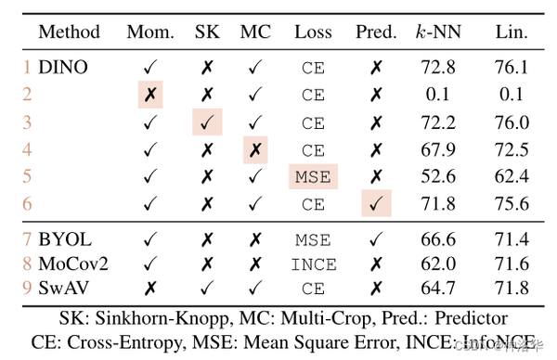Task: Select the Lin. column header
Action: point(512,32)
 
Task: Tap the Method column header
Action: point(70,32)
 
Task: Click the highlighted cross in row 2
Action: point(149,94)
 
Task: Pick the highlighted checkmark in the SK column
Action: point(207,121)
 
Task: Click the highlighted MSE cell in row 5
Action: point(313,175)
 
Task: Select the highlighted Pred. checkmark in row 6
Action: point(376,202)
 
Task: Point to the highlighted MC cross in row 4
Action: point(255,148)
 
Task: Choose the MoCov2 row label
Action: point(73,264)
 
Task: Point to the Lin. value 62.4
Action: point(512,175)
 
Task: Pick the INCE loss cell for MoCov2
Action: point(313,264)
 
